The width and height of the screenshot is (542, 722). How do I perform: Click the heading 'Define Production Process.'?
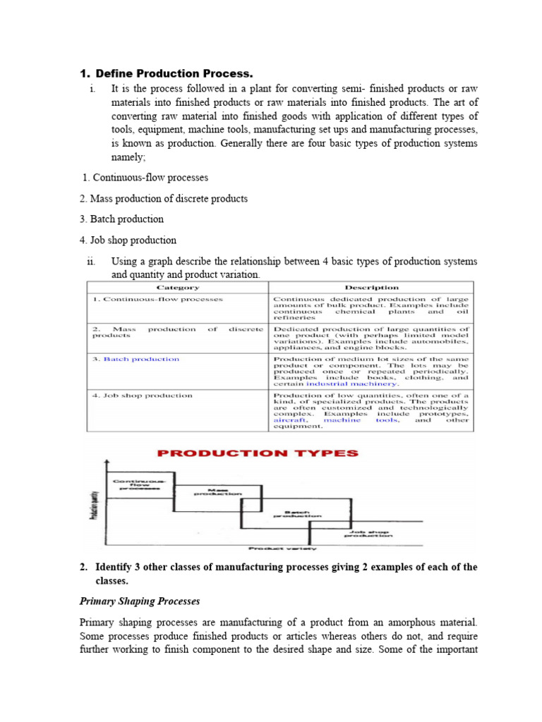[174, 73]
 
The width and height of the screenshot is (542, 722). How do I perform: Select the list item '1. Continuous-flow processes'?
[146, 178]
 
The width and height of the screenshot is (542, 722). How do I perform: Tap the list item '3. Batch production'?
[122, 219]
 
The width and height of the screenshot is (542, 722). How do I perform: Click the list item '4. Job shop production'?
[128, 240]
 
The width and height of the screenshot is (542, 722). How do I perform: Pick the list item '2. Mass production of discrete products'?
[164, 198]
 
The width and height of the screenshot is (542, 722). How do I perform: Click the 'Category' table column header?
[177, 288]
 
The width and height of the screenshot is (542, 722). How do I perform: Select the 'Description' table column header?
[371, 288]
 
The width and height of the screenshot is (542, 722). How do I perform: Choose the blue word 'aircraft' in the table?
[289, 420]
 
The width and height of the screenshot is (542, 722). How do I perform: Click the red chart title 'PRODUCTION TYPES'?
[257, 453]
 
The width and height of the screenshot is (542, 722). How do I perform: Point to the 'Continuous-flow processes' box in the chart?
[138, 484]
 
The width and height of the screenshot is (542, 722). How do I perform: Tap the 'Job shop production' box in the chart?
[368, 534]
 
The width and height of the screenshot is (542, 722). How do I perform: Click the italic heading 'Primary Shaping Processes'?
[139, 601]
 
